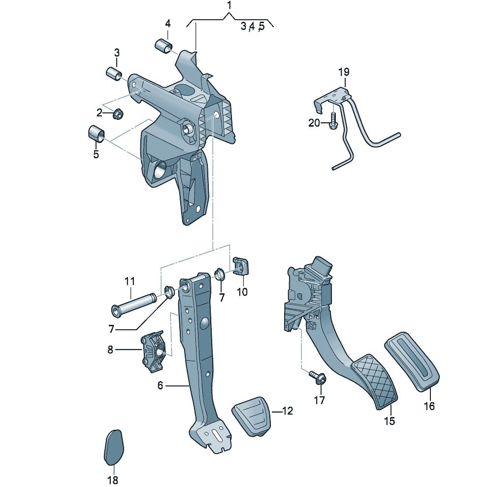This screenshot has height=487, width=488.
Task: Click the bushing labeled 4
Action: click(x=163, y=46)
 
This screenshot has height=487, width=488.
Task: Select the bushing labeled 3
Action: click(x=114, y=73)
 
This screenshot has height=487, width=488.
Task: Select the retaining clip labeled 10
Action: click(x=242, y=266)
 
